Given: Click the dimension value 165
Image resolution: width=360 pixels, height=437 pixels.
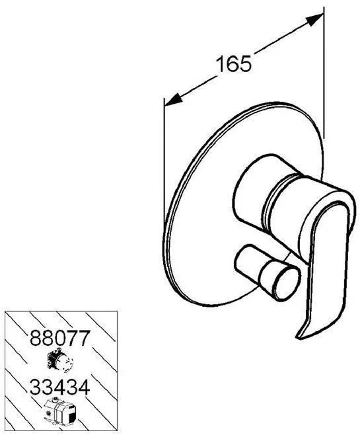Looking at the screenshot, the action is pos(234,64).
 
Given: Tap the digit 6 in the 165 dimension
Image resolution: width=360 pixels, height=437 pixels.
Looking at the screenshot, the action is pos(234,64).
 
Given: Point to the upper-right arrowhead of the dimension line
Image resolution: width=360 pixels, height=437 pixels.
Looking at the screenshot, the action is pos(314,20).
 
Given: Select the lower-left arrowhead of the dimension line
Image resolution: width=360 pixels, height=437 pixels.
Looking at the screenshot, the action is pos(174,99).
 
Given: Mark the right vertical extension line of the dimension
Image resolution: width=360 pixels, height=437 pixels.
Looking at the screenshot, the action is pos(324,73).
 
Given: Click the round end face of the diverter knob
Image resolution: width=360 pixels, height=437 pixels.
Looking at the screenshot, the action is pos(287,284).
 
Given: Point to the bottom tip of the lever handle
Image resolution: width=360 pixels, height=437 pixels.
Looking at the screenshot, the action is pos(297,338).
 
